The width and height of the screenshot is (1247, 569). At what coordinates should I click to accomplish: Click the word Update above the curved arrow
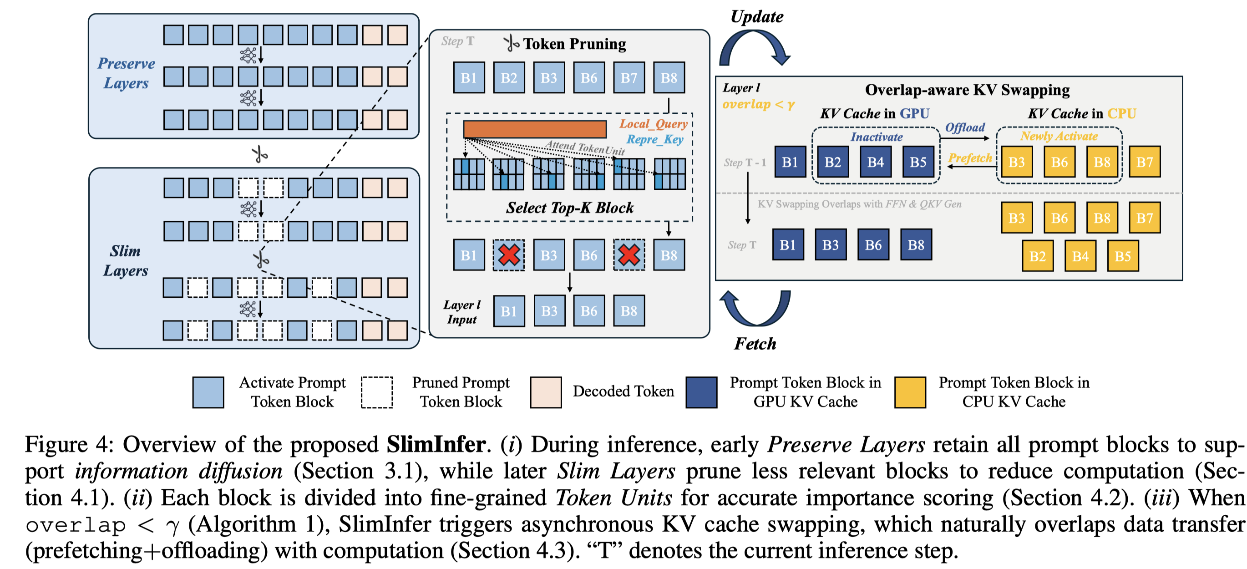coord(757,17)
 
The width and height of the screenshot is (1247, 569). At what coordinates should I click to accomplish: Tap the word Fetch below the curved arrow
coord(755,344)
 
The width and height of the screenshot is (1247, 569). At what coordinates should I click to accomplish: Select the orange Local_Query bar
coord(535,129)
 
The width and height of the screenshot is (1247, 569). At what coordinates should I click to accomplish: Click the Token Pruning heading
coord(574,44)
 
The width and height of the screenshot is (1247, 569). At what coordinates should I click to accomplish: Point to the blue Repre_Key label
coord(654,139)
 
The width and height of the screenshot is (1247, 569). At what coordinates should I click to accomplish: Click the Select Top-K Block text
coord(570,208)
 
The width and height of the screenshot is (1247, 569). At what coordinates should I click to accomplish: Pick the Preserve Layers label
coord(126,73)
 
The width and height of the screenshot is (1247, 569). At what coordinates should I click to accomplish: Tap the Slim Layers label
coord(125,260)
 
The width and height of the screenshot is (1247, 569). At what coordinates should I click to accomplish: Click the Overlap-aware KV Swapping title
coord(967,90)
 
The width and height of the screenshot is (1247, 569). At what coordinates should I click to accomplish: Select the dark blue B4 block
coord(875,162)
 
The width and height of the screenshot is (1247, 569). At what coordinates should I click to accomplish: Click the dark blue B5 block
coord(918,162)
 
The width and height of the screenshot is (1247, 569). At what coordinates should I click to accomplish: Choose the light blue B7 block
coord(629,77)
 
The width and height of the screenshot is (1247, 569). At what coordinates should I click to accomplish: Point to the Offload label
coord(965,127)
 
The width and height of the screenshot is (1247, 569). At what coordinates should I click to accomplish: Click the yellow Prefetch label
coord(970,158)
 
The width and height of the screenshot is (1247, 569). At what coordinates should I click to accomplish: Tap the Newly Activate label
coord(1059,136)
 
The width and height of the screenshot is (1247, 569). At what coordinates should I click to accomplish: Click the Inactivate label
coord(876,137)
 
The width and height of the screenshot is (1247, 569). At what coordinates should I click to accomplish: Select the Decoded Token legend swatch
coord(546,392)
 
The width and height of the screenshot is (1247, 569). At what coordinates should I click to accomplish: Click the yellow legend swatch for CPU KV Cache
coord(910,392)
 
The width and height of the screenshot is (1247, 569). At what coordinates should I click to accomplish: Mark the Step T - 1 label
coord(745,163)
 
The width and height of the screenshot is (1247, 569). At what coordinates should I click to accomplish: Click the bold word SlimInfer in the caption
coord(436,445)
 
